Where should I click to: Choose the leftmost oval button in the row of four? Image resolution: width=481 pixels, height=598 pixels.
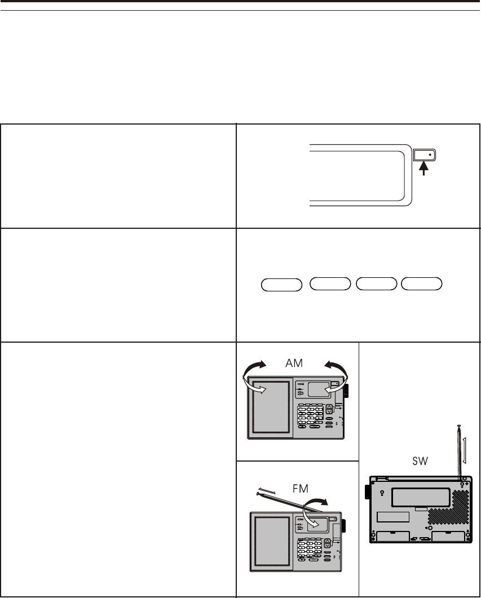(281, 284)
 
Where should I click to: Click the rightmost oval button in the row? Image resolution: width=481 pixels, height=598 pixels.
(421, 284)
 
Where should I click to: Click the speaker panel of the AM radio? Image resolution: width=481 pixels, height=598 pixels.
(272, 407)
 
